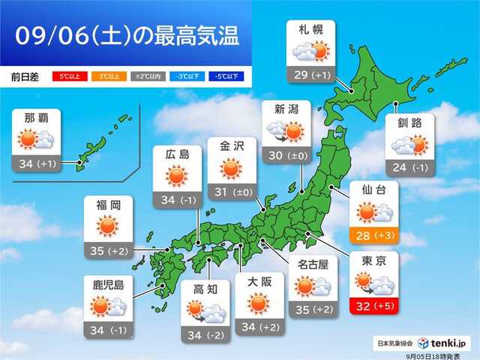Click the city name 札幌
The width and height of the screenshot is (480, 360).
pos(310,29)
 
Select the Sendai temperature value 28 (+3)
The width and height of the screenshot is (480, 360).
pos(373,238)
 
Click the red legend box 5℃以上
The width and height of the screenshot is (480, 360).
pos(67,76)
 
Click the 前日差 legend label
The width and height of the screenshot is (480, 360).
pos(25,76)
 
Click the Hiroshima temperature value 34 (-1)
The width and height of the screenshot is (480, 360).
pos(176,200)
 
